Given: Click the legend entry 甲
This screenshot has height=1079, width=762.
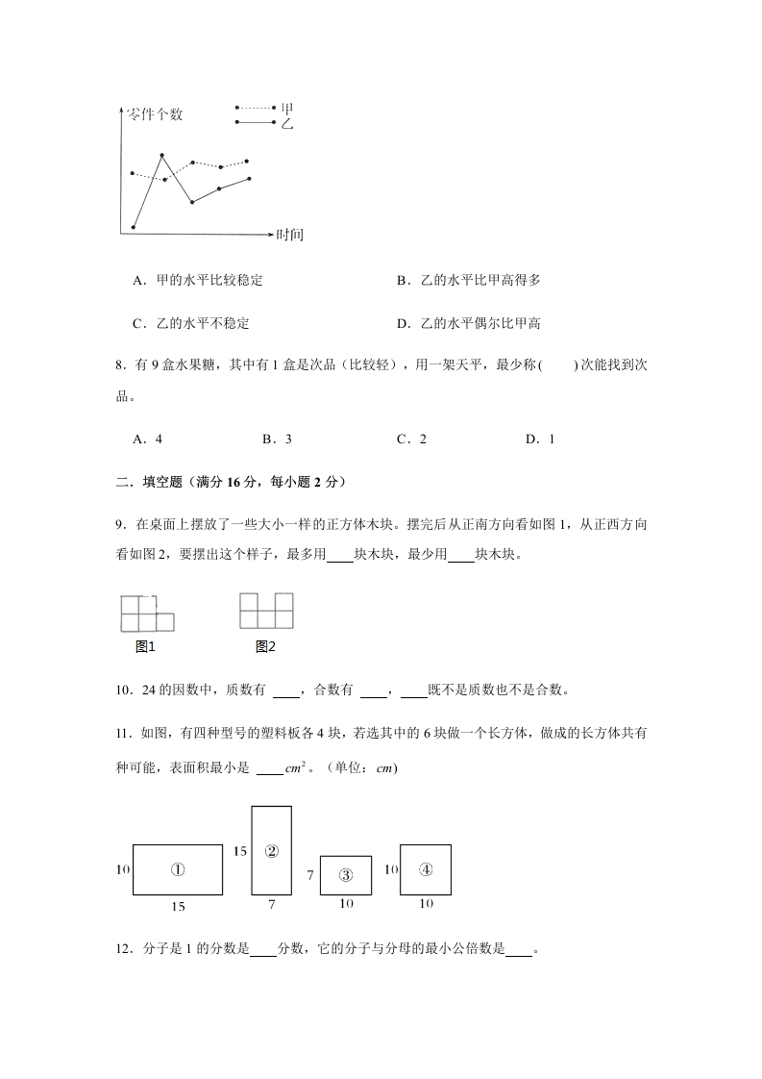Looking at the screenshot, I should click(x=285, y=109).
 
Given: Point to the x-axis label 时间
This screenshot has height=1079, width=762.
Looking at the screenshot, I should click(x=289, y=234).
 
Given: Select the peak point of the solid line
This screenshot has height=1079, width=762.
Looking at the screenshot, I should click(x=161, y=155).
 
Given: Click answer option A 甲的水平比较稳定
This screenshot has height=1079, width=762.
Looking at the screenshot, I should click(x=198, y=281).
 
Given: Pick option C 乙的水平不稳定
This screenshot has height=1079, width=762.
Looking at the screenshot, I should click(x=191, y=323).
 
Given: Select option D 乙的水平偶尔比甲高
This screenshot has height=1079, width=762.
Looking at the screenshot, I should click(x=469, y=323).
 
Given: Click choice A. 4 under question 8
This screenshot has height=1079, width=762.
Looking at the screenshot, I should click(x=148, y=439).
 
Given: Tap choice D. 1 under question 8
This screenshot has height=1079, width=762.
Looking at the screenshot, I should click(x=540, y=439).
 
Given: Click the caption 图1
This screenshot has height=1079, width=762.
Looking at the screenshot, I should click(x=146, y=646).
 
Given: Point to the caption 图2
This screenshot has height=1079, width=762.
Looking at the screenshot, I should click(x=265, y=646).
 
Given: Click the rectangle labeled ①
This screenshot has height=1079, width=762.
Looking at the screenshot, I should click(x=178, y=869).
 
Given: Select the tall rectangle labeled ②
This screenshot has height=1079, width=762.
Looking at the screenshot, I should click(x=271, y=851).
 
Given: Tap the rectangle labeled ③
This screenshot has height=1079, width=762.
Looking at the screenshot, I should click(x=346, y=875).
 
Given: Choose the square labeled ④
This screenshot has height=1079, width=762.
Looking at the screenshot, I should click(x=426, y=869).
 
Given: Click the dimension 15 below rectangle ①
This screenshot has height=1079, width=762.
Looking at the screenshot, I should click(x=178, y=907).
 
